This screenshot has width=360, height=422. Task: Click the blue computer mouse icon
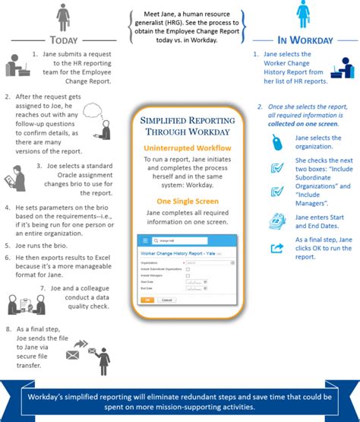coord(278,142)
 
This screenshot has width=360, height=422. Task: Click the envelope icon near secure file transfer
coord(76,354)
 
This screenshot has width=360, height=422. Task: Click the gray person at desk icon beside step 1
coord(17,65)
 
